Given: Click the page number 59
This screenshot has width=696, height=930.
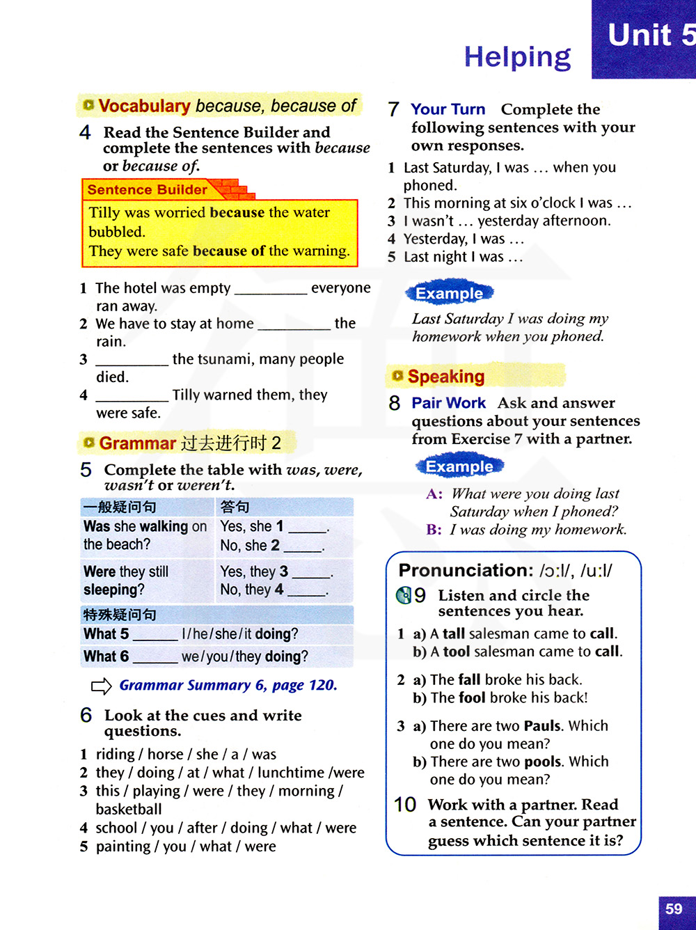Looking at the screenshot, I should (x=674, y=909).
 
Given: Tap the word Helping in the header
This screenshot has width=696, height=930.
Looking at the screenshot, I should (x=517, y=57).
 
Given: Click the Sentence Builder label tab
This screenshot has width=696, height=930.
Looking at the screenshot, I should (x=148, y=190).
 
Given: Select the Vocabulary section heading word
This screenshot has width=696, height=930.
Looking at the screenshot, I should (x=144, y=106).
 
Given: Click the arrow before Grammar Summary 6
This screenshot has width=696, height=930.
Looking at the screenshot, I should (x=102, y=686).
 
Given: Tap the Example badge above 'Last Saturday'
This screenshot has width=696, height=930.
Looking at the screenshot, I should (x=449, y=293).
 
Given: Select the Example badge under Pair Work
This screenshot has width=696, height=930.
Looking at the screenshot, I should (x=459, y=466).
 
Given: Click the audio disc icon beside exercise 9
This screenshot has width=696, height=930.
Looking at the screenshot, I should (x=404, y=595).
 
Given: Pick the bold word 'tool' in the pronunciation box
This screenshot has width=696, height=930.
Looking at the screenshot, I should (x=457, y=652).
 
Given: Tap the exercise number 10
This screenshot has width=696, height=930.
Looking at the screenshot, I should (x=405, y=805).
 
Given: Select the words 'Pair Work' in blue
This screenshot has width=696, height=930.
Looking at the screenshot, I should (x=448, y=403).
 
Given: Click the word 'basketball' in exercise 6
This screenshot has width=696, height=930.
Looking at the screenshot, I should (x=129, y=809).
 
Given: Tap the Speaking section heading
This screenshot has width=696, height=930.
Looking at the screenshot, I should (x=446, y=377).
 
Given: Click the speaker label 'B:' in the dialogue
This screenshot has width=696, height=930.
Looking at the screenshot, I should (x=434, y=530).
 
